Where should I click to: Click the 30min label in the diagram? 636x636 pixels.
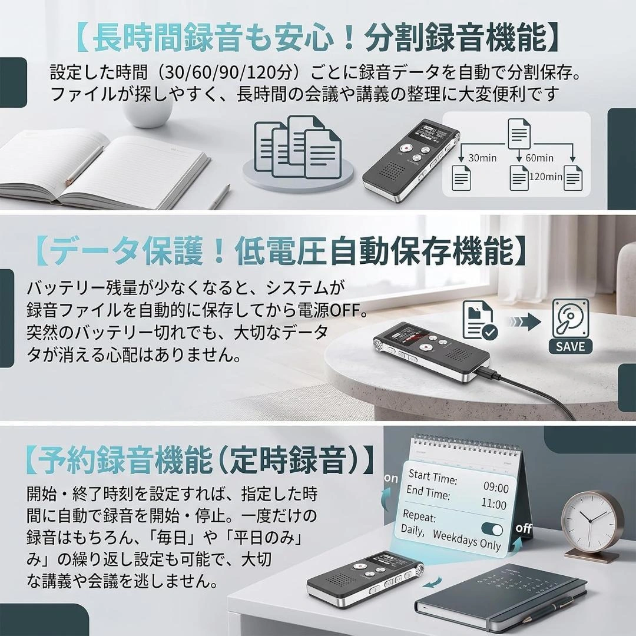pos(482,158)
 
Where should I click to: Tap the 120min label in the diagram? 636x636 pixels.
pos(545,177)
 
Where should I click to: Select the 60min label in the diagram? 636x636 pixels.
pos(539,158)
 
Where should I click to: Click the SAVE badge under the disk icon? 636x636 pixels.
pos(570,346)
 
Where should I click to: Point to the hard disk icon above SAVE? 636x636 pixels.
pos(571,317)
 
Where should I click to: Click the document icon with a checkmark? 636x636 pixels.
pos(481,320)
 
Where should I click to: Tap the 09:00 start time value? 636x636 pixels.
pos(496,487)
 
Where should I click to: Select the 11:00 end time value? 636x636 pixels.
pos(493,503)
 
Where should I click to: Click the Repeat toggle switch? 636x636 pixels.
pos(492,529)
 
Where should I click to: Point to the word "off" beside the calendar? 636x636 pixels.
pos(524,528)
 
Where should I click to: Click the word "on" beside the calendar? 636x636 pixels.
pos(391,478)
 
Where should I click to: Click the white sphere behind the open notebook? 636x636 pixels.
pos(147,110)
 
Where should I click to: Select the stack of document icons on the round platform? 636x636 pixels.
pos(297,148)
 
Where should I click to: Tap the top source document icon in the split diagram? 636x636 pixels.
pos(519,133)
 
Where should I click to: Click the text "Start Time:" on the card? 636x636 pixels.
pos(432,476)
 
